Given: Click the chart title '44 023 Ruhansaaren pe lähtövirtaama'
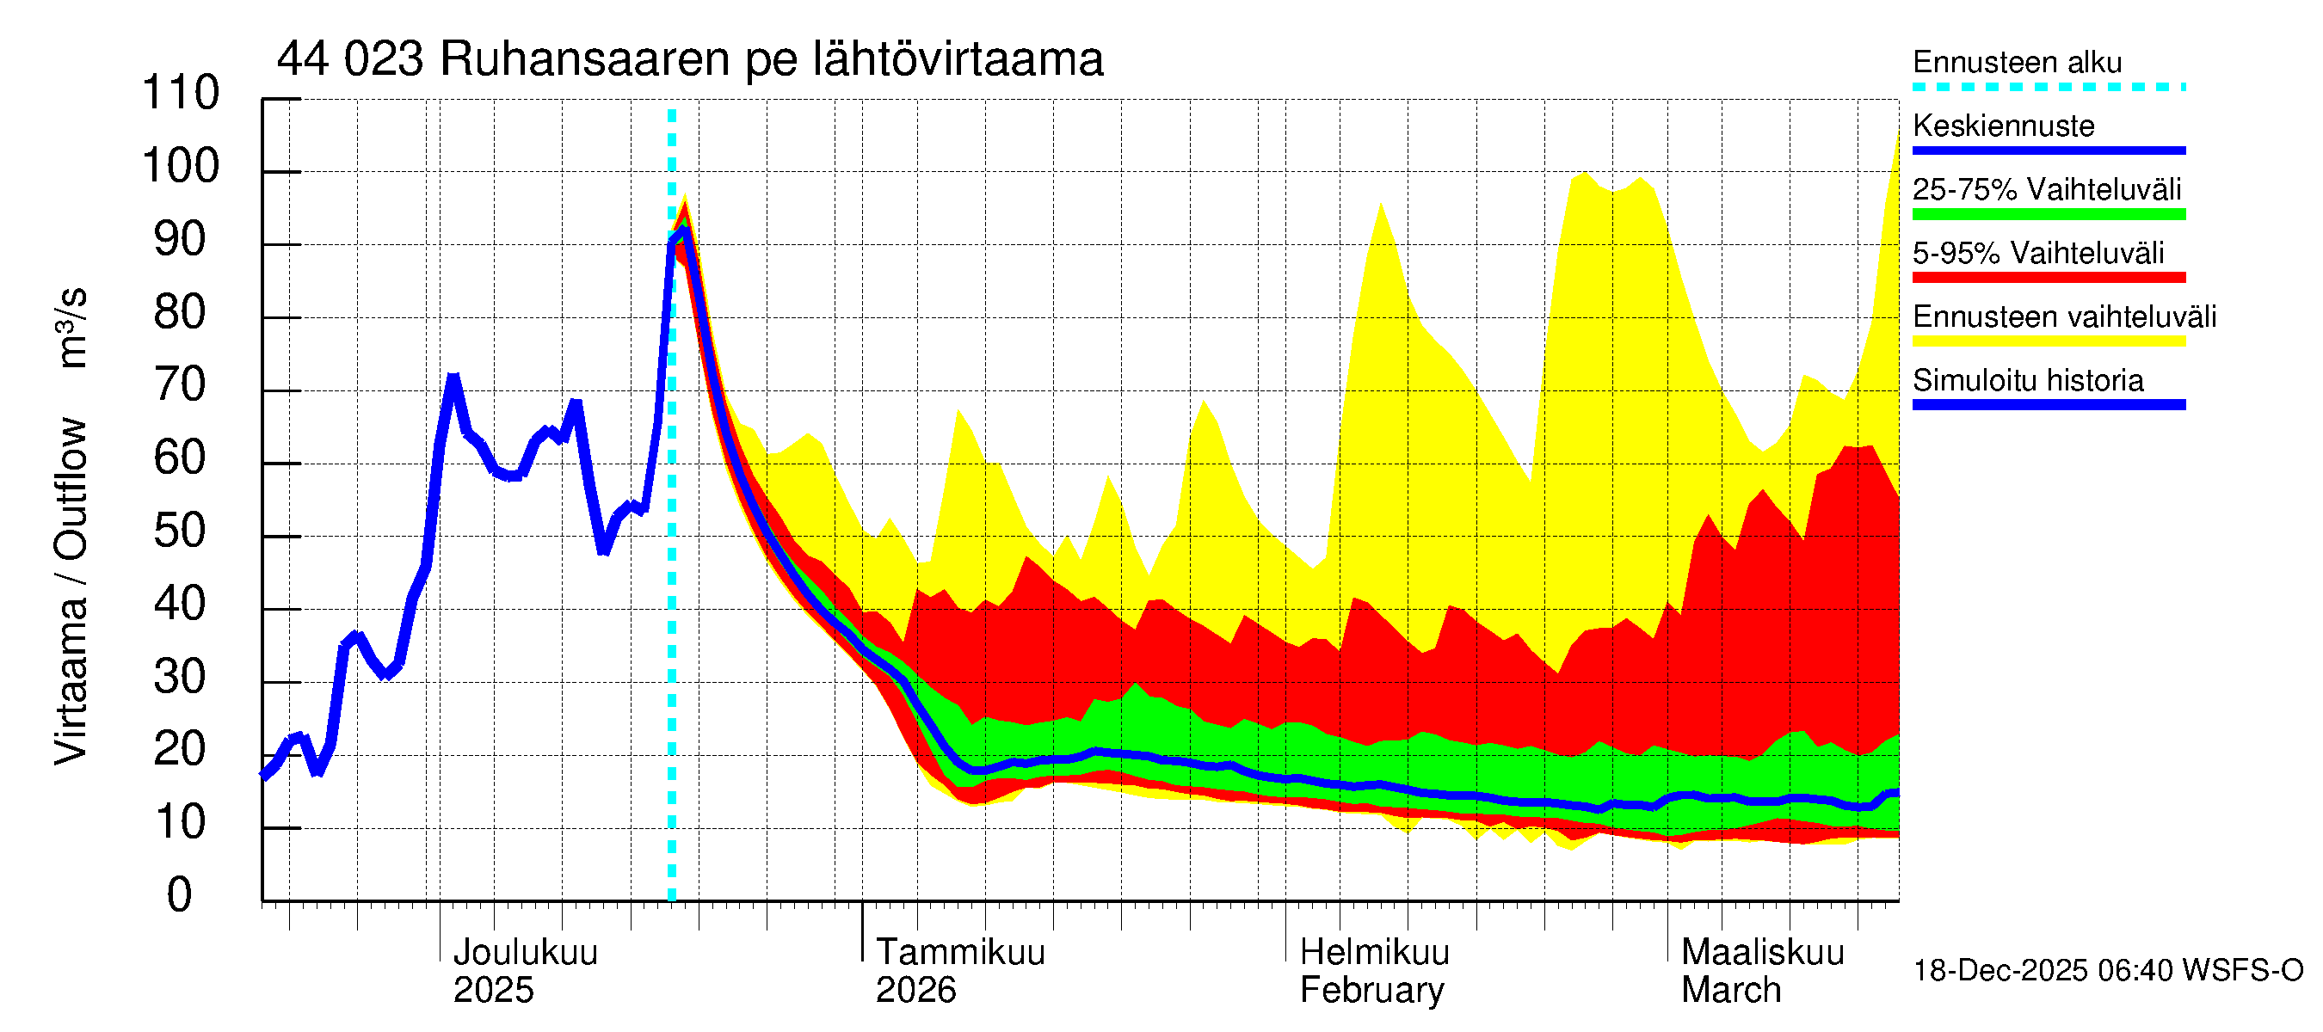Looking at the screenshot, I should [690, 60].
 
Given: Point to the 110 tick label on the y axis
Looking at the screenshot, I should [181, 94].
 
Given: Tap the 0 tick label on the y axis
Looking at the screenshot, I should [180, 895].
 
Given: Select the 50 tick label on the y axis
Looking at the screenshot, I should [181, 531].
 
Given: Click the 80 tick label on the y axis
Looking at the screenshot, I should [181, 313].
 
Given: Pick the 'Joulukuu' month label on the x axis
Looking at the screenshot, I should [525, 953].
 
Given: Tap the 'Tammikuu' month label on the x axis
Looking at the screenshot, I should [959, 953].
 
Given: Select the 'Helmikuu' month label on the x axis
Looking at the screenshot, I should [1374, 953].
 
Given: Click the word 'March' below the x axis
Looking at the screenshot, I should [1730, 991].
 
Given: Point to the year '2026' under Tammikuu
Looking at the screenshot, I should [915, 991].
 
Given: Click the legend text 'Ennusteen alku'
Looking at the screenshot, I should [2017, 63].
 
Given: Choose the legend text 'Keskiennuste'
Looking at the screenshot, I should [2003, 126].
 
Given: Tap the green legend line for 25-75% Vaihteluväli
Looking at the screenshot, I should [2048, 214].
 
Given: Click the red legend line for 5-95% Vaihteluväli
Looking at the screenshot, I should [2048, 278].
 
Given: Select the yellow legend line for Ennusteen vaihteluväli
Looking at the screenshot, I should [2048, 341].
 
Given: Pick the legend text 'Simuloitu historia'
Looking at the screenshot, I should [2027, 380].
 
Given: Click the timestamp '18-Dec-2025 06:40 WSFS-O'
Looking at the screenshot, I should [2107, 971].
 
